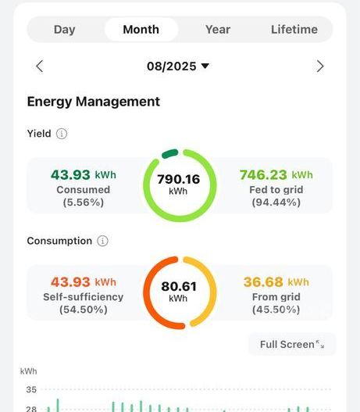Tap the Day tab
[64, 30]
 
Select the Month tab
[141, 30]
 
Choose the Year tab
[218, 30]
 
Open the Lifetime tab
[294, 30]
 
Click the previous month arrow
[40, 66]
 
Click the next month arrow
[320, 66]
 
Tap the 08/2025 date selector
[178, 66]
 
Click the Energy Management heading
[94, 102]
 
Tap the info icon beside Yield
[62, 134]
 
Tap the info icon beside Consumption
[102, 241]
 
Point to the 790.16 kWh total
[178, 184]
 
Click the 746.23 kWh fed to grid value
[276, 175]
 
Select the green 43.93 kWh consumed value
[84, 175]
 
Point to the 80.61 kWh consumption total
[179, 291]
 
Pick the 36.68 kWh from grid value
[276, 282]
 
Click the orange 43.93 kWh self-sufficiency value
[84, 282]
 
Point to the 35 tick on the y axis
[31, 389]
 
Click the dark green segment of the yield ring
[169, 153]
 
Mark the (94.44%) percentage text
[276, 202]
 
